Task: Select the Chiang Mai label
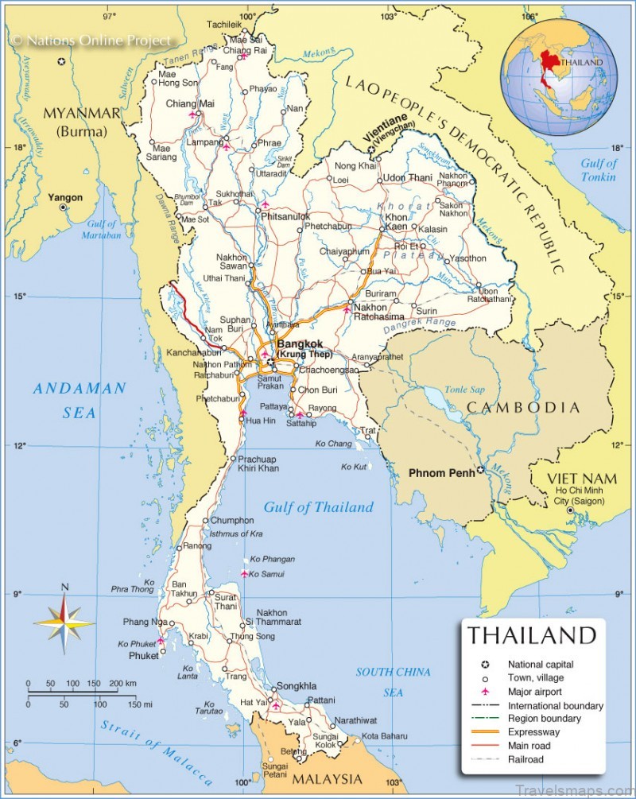click(x=189, y=103)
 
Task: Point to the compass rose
click(x=64, y=619)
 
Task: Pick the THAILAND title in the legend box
click(x=531, y=635)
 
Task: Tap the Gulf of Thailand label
click(x=318, y=507)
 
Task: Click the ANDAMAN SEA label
click(x=79, y=400)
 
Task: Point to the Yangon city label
click(x=65, y=196)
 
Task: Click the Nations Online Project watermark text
click(x=91, y=40)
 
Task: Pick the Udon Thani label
click(x=407, y=177)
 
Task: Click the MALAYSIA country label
click(x=328, y=778)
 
